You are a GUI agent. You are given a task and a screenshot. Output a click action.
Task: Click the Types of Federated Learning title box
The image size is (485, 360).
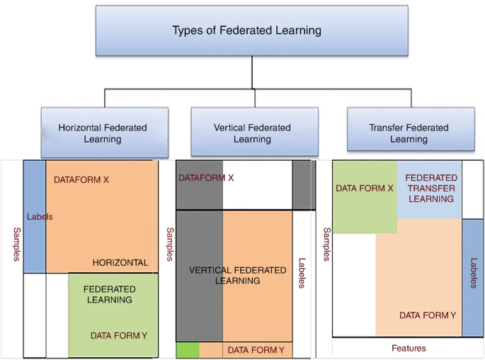(x=252, y=31)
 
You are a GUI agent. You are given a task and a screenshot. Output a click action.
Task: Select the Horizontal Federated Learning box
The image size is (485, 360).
(x=103, y=133)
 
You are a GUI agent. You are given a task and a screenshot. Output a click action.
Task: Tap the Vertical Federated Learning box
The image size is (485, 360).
(x=252, y=133)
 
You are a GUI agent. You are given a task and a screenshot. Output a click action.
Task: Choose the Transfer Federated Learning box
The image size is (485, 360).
(x=409, y=133)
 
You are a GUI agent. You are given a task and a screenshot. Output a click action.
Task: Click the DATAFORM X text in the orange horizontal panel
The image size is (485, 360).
(x=81, y=180)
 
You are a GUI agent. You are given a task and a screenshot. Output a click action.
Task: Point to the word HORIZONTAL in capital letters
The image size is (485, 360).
(x=120, y=263)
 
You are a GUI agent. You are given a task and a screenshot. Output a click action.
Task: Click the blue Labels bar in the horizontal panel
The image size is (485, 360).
(x=35, y=217)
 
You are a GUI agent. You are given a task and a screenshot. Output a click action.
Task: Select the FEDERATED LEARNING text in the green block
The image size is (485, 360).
(x=110, y=295)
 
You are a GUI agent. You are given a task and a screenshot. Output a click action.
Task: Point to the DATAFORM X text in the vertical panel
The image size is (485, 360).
(x=206, y=178)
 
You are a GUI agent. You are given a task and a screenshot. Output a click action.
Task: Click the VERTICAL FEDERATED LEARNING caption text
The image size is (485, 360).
(x=238, y=276)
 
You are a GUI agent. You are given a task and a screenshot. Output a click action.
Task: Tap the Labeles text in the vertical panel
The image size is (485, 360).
(x=302, y=272)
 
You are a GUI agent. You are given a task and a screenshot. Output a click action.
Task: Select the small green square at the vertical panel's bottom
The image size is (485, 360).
(x=188, y=349)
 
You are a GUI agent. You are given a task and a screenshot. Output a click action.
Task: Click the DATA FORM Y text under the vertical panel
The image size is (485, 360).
(x=256, y=350)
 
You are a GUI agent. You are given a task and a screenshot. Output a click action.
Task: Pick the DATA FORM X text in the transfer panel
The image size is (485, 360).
(x=365, y=189)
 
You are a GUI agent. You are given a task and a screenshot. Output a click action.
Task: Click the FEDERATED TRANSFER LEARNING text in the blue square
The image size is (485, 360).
(x=432, y=188)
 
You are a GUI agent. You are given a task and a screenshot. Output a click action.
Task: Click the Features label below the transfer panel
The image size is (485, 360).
(x=409, y=349)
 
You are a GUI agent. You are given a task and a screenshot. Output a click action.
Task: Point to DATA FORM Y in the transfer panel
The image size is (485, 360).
(x=428, y=315)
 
